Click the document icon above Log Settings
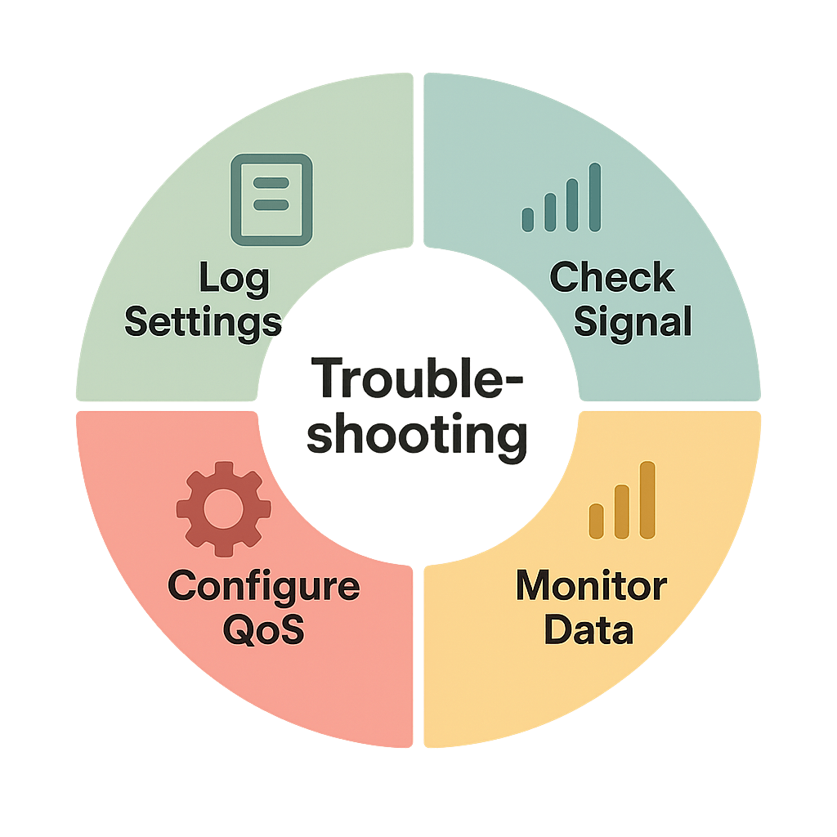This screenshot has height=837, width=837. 271,199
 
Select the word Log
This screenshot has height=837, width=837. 234,280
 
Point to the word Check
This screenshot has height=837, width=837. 611,278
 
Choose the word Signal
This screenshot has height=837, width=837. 633,321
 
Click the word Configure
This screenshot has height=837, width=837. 263,587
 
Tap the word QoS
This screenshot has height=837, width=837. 263,630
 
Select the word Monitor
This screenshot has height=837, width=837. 590,587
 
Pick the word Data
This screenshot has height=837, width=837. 589,630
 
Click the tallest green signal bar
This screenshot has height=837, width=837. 595,196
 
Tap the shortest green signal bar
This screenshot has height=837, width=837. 528,218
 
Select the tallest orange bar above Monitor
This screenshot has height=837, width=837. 647,500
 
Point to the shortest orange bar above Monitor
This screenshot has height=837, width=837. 597,521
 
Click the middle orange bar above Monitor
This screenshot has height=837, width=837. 622,512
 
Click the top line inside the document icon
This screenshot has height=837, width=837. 271,184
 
